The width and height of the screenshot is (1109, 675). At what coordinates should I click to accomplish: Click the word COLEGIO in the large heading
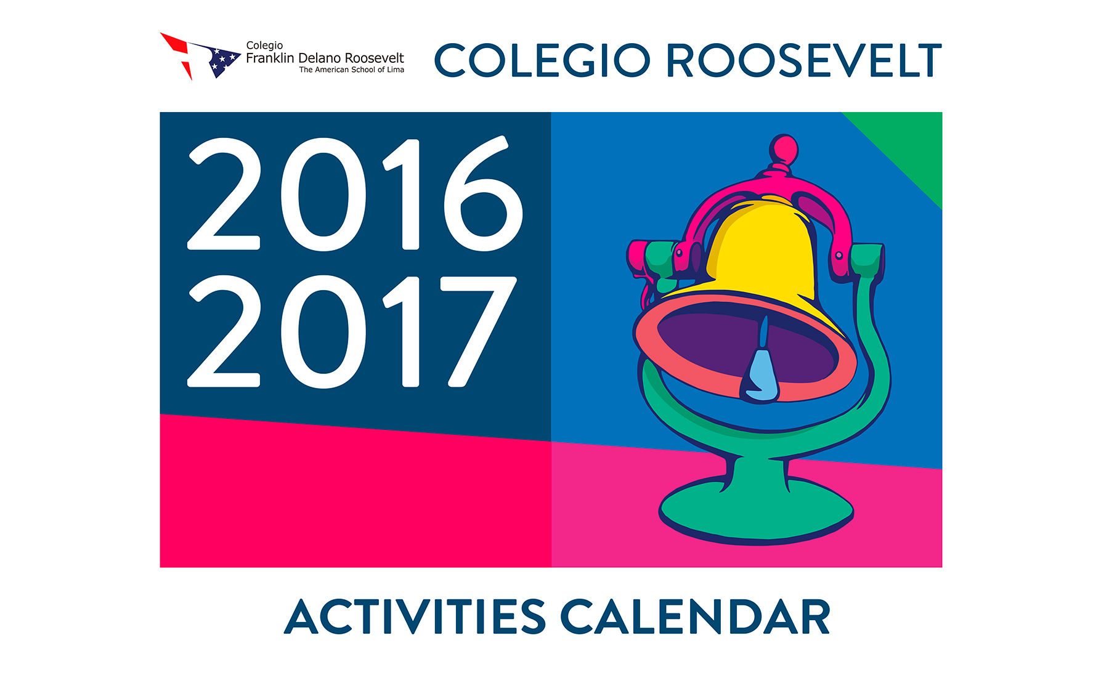tap(542, 60)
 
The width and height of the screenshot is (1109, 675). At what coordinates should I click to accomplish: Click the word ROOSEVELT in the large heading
tap(804, 60)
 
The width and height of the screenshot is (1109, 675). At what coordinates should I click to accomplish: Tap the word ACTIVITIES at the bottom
tap(415, 616)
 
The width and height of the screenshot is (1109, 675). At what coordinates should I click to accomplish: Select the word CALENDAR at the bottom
tap(696, 616)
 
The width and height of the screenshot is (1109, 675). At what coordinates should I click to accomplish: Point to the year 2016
tap(355, 193)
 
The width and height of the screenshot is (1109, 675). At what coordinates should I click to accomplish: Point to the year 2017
tap(352, 331)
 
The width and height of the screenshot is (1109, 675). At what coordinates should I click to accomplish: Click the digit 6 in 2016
tap(483, 193)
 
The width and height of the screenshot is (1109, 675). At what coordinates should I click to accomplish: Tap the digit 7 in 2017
tap(479, 331)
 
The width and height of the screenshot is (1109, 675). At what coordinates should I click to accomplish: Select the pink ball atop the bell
tap(784, 149)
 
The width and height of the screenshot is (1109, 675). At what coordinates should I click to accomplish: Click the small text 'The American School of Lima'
tap(352, 70)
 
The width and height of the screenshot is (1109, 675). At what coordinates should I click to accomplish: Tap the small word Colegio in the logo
tap(264, 46)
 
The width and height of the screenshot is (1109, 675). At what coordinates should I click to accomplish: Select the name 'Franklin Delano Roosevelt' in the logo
tap(325, 59)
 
